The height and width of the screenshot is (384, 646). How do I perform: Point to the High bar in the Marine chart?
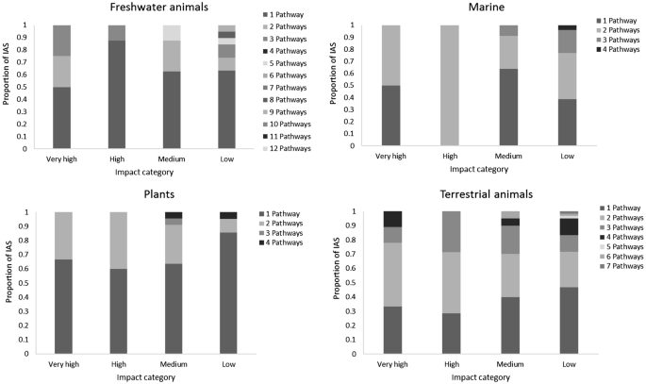[450, 85]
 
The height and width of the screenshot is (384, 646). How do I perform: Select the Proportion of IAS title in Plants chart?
[8, 279]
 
